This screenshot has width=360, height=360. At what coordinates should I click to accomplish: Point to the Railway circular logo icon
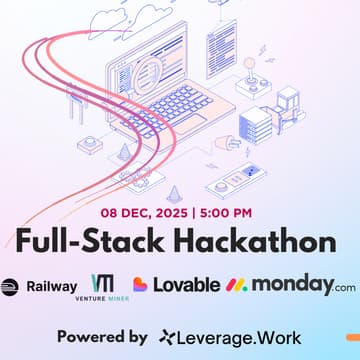coord(8,284)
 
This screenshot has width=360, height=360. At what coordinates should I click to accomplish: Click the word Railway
coord(50,284)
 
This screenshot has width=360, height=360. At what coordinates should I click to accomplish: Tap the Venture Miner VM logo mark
coord(103,282)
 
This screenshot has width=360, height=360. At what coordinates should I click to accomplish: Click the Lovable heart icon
coord(141,284)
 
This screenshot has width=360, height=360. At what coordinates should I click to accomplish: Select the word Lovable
coord(187,284)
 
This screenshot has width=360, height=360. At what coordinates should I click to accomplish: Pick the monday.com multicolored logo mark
coord(238,285)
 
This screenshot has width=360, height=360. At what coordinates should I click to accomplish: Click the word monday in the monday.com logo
coord(291,284)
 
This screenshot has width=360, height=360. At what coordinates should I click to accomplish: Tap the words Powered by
coord(102,336)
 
